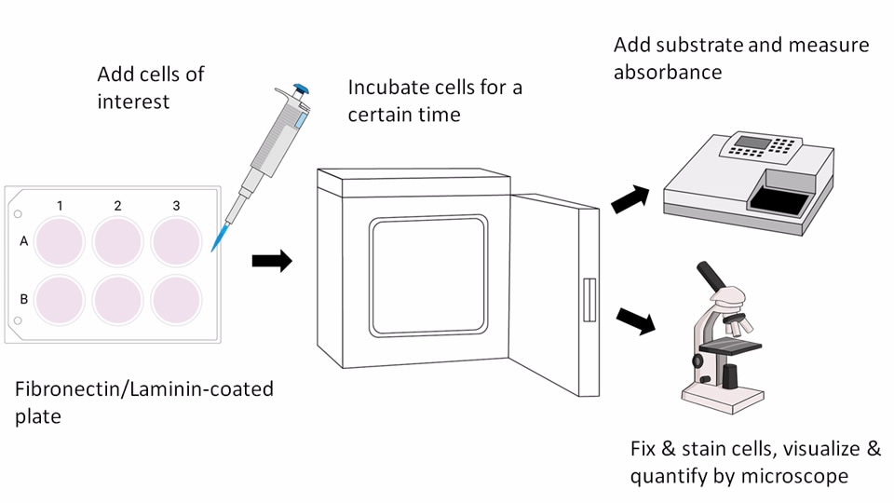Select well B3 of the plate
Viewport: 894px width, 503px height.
(x=177, y=300)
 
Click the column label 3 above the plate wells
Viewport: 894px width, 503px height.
(x=177, y=205)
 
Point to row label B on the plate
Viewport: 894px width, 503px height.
(x=24, y=300)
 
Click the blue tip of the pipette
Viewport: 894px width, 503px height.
(x=218, y=239)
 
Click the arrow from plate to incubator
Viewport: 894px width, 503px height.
(x=271, y=261)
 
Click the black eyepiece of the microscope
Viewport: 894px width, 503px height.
(x=713, y=277)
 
